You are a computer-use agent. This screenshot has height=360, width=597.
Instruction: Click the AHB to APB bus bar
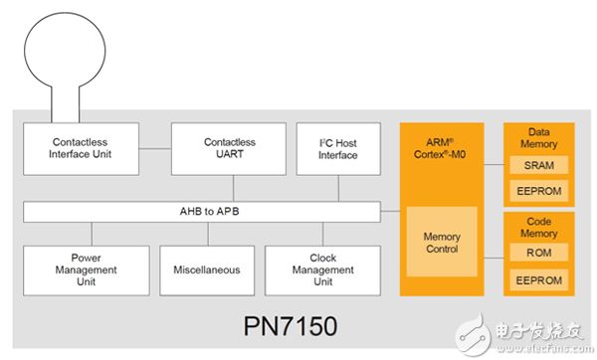(201, 212)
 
